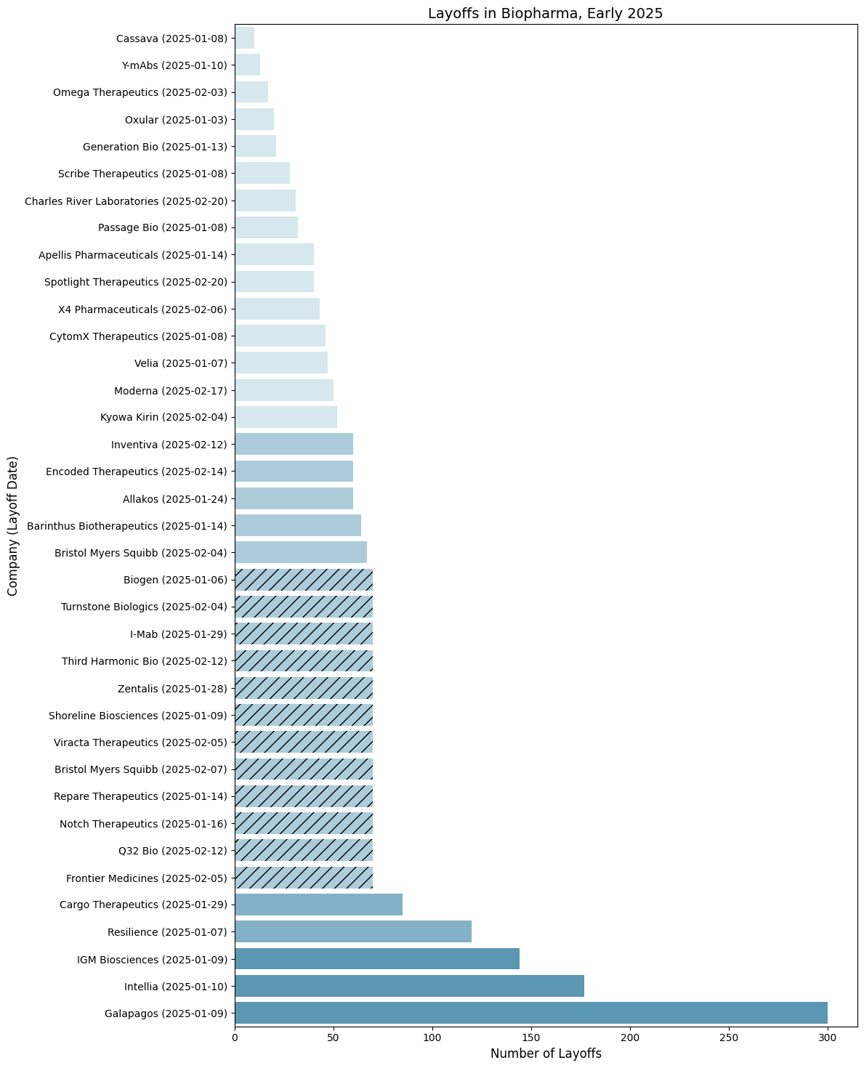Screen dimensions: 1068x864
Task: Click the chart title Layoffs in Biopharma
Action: pos(545,13)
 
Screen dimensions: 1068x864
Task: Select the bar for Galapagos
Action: pos(530,1013)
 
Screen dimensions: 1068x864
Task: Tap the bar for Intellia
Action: pos(409,986)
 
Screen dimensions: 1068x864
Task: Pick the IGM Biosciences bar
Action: pos(377,959)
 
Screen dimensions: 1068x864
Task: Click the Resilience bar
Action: pos(353,931)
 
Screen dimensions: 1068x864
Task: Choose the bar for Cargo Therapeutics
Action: pos(318,905)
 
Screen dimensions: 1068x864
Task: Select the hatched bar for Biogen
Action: pos(304,580)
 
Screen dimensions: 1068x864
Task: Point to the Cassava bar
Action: pos(245,38)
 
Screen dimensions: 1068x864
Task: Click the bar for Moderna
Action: pos(284,390)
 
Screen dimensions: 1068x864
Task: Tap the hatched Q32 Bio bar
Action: pos(304,850)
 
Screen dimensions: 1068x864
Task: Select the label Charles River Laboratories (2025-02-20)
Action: pos(126,201)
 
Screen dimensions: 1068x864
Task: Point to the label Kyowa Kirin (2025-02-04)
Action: pos(163,417)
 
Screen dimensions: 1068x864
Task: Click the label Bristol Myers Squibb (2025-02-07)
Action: pos(141,769)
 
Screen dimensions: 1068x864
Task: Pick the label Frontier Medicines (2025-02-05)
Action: pos(146,878)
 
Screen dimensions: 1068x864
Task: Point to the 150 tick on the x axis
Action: pos(531,1039)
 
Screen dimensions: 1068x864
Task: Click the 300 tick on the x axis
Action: pos(828,1039)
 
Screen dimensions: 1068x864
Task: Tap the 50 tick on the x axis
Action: pos(334,1039)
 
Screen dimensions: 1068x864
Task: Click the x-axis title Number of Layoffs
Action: pos(546,1054)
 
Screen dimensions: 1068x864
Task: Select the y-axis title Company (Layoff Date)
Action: pos(12,526)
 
